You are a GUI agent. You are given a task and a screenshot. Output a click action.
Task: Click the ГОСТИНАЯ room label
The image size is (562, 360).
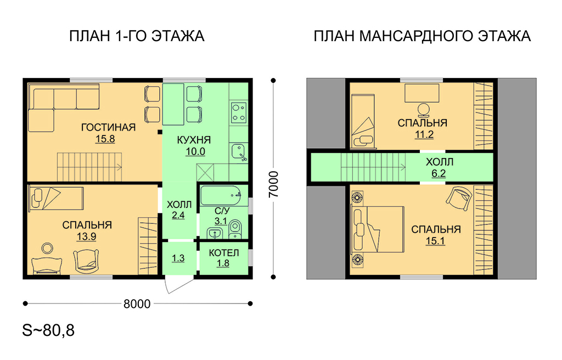pyautogui.click(x=108, y=127)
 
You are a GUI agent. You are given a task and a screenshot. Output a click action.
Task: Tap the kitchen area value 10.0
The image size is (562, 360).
pyautogui.click(x=195, y=151)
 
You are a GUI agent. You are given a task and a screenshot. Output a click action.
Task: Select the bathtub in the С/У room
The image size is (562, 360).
pyautogui.click(x=224, y=195)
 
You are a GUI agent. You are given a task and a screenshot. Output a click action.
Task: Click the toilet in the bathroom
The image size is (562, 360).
pyautogui.click(x=235, y=228)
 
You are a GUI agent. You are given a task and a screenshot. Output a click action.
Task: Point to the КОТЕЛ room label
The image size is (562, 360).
pyautogui.click(x=224, y=253)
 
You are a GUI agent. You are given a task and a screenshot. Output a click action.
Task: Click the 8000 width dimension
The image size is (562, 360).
pyautogui.click(x=137, y=303)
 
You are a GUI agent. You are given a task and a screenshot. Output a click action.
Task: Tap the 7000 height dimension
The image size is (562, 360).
pyautogui.click(x=273, y=184)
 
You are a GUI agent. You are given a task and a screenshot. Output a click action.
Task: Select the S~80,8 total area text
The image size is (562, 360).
pyautogui.click(x=48, y=330)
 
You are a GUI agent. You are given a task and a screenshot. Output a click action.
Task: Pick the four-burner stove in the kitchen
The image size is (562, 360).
pyautogui.click(x=239, y=113)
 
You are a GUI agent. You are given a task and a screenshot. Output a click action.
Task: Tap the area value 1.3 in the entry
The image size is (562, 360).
pyautogui.click(x=178, y=258)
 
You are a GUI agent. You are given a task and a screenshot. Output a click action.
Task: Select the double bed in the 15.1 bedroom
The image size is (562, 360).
pyautogui.click(x=377, y=229)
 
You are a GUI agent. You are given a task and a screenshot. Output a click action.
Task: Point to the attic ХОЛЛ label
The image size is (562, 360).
pyautogui.click(x=440, y=162)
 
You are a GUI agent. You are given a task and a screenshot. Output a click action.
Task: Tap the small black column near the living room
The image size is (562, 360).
pyautogui.click(x=160, y=132)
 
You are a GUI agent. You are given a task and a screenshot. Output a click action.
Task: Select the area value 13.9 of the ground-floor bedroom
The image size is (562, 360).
pyautogui.click(x=86, y=237)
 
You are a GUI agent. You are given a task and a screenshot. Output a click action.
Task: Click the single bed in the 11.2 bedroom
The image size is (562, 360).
pyautogui.click(x=363, y=121)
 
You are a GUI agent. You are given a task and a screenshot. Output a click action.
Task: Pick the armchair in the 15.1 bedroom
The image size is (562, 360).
pyautogui.click(x=459, y=199)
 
